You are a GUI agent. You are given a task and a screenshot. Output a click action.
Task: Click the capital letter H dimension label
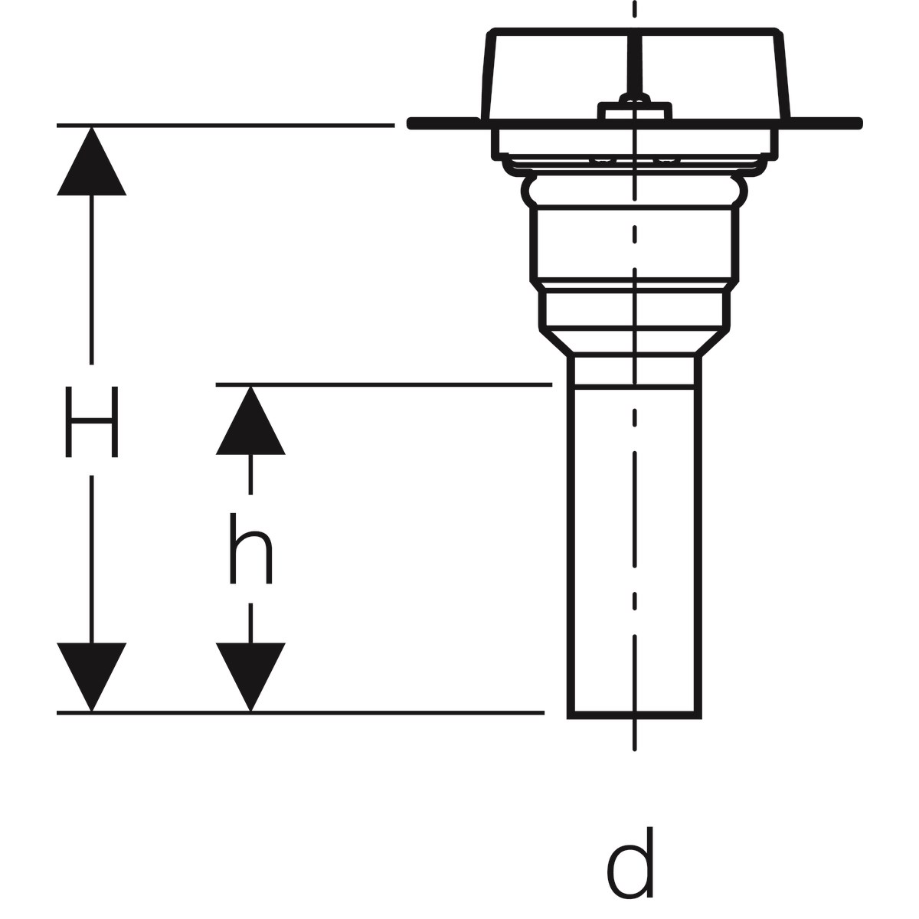coord(91,421)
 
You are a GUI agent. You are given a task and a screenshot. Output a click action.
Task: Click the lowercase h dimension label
coord(250,548)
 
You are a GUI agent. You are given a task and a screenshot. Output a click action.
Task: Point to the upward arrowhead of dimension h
coord(250,420)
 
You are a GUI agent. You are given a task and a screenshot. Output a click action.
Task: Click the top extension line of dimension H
coord(226,126)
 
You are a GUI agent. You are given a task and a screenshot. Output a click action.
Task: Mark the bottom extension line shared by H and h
coord(300,713)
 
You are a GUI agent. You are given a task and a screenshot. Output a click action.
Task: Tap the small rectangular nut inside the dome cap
coord(635,110)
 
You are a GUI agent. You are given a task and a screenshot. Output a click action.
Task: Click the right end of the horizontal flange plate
coord(860,123)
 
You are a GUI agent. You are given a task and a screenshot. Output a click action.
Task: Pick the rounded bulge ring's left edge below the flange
coord(527,191)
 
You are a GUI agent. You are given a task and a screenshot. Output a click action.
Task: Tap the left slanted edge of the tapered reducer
coord(554,342)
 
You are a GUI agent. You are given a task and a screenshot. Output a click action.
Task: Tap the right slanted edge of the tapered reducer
coord(714,342)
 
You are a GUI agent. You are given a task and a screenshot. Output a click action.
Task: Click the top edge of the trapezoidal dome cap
coord(635,32)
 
